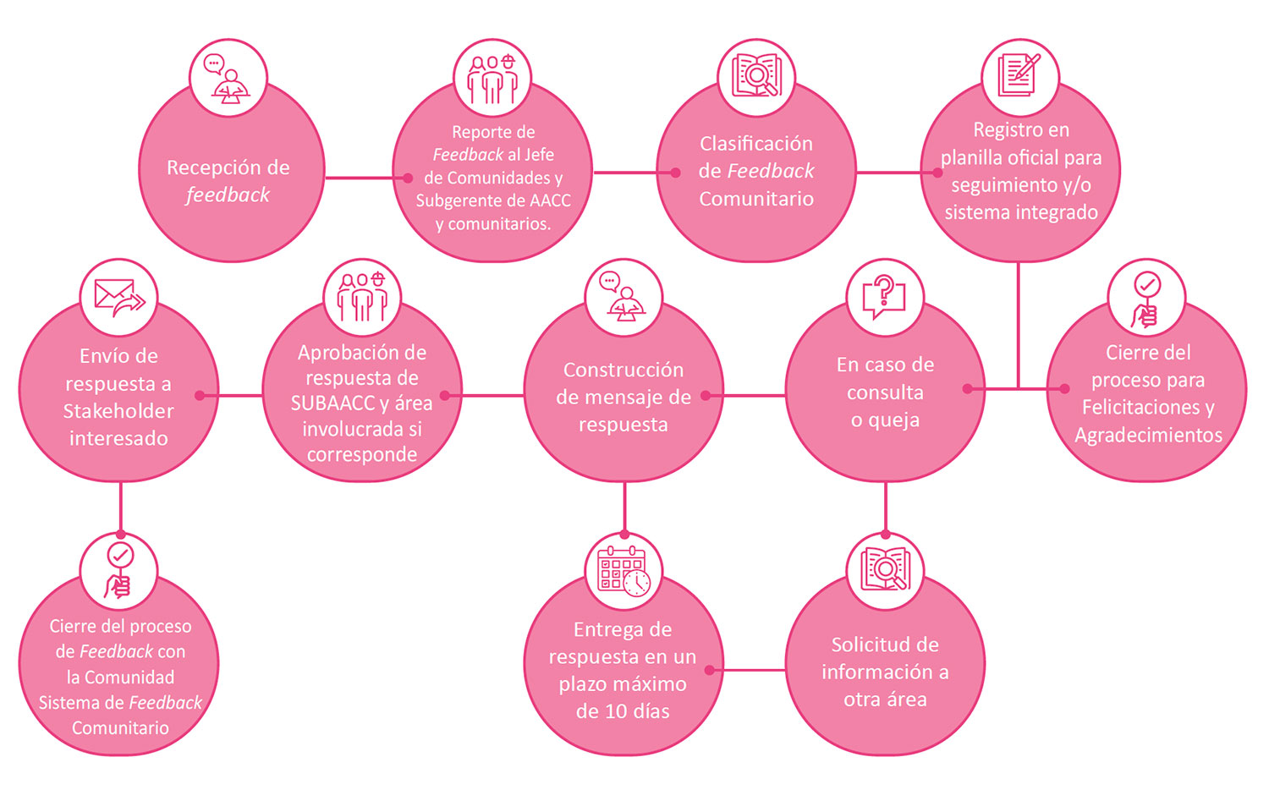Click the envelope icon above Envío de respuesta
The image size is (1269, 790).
click(x=119, y=298)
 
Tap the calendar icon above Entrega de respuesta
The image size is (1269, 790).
click(x=624, y=571)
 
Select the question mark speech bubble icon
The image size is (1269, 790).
click(x=884, y=297)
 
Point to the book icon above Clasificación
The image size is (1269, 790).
click(x=756, y=75)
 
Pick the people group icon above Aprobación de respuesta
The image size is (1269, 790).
click(x=362, y=297)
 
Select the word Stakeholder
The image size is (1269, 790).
click(x=118, y=410)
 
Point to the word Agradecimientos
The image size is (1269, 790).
click(x=1148, y=435)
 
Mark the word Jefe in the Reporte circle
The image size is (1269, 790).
click(x=540, y=155)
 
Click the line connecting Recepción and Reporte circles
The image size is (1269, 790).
click(x=366, y=178)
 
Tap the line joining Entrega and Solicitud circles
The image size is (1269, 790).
click(x=748, y=670)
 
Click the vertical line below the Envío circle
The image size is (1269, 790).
click(x=121, y=507)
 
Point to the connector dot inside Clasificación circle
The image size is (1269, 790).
click(x=675, y=173)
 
